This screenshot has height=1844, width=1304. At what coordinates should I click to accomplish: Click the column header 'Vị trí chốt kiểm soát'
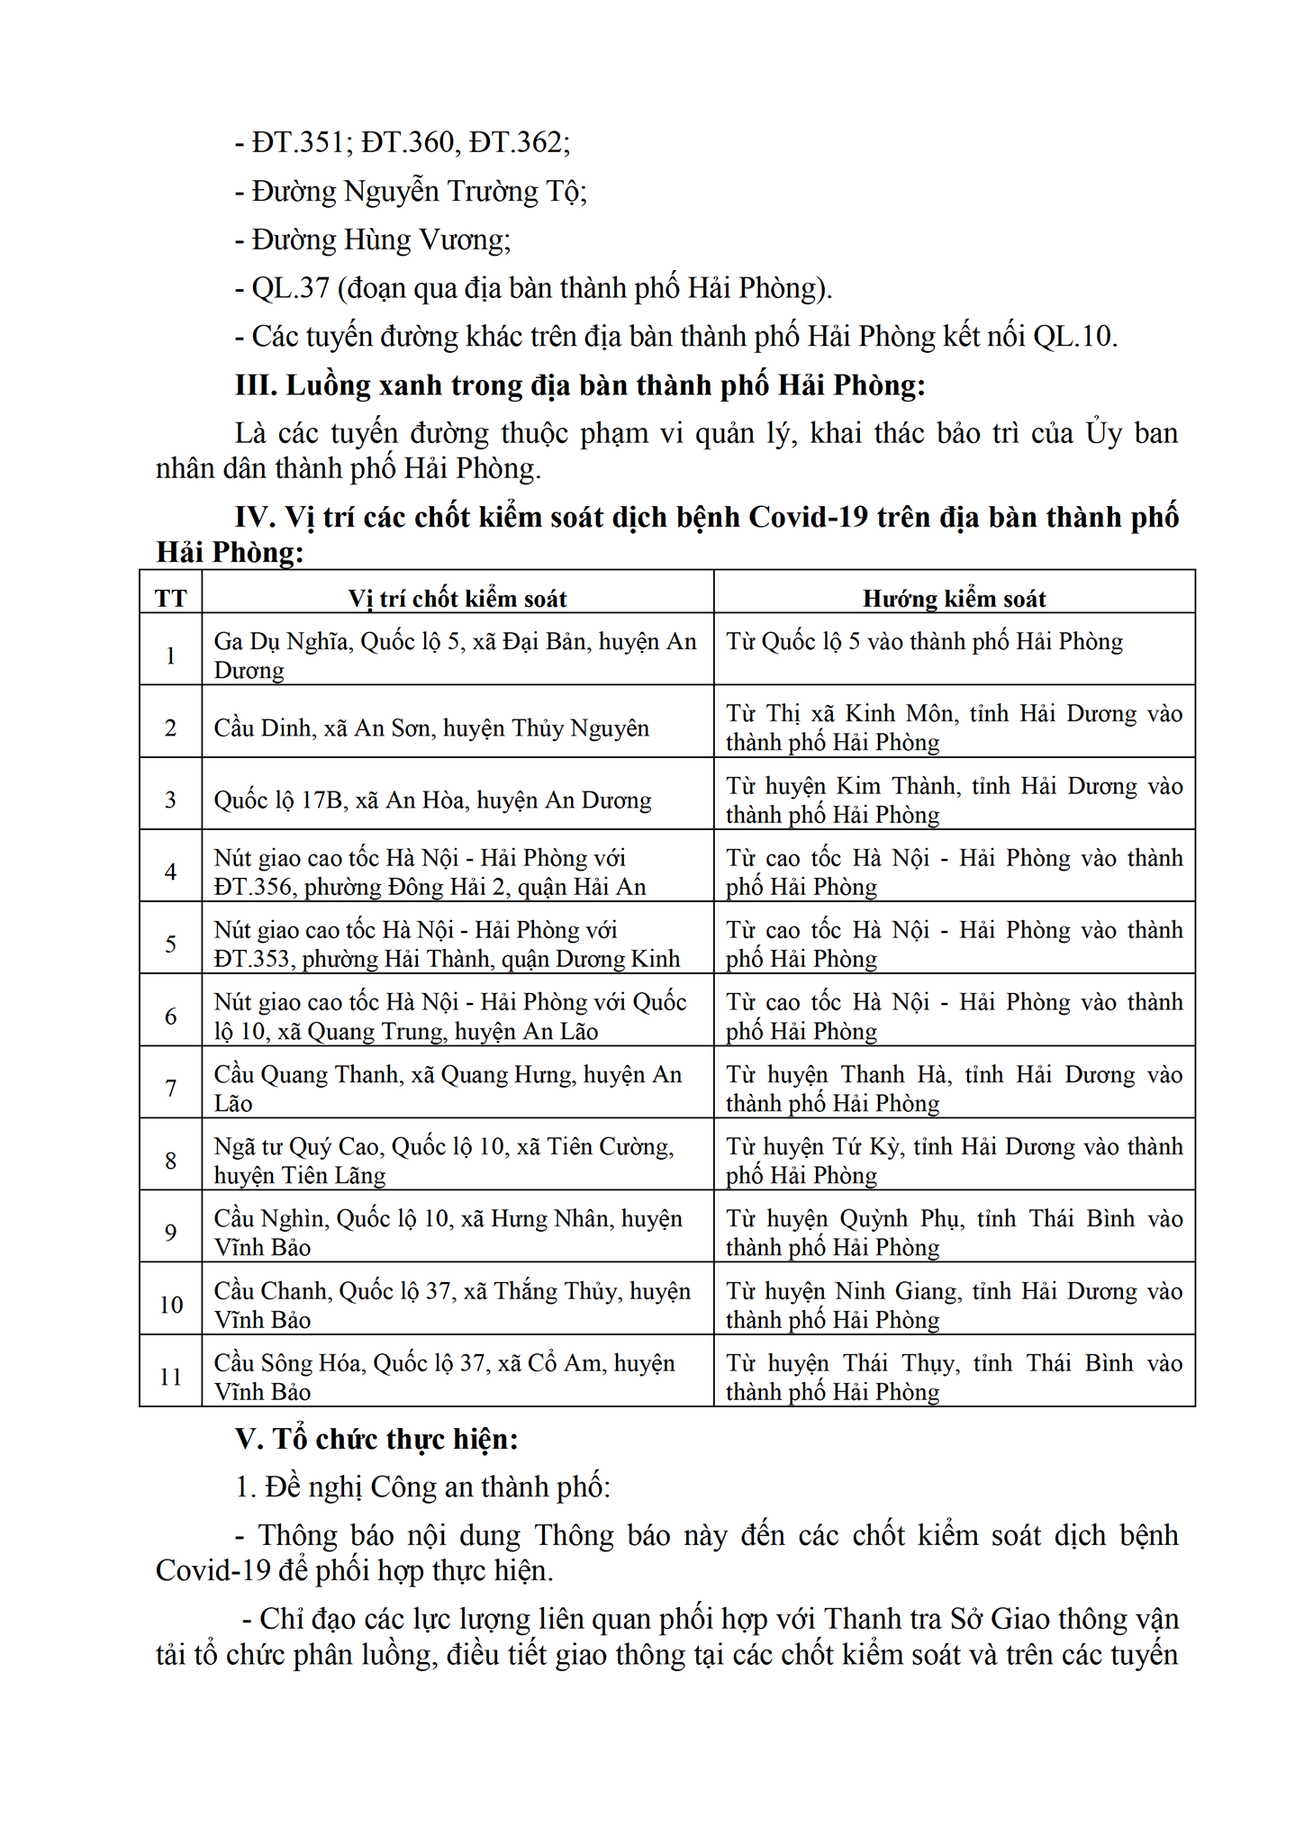click(x=457, y=599)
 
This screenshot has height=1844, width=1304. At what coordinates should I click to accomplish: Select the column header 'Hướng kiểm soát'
click(x=954, y=599)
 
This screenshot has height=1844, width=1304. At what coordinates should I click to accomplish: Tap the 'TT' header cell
click(x=170, y=599)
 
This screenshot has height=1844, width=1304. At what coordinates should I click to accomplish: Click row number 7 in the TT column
click(x=170, y=1089)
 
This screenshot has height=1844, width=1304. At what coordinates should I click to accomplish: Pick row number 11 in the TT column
click(x=170, y=1377)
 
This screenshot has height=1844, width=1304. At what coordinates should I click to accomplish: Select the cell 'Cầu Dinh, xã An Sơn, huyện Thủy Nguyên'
click(x=431, y=728)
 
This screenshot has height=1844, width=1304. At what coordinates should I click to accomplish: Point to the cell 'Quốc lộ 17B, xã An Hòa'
click(x=432, y=800)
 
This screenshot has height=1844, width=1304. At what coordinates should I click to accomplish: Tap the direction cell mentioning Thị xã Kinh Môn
click(x=954, y=728)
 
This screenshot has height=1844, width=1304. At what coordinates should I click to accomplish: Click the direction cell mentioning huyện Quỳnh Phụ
click(x=954, y=1233)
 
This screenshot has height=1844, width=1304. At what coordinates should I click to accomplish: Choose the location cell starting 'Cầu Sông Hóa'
click(x=444, y=1377)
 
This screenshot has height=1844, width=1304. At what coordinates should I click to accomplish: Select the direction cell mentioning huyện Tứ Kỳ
click(x=954, y=1161)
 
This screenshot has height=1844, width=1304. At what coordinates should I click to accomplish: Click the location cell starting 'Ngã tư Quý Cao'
click(x=443, y=1161)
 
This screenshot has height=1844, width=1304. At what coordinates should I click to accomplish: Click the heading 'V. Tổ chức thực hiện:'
click(x=376, y=1439)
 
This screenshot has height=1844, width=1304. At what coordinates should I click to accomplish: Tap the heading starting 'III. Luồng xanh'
click(x=580, y=385)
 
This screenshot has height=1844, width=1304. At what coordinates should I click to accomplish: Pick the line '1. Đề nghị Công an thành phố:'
click(x=422, y=1487)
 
